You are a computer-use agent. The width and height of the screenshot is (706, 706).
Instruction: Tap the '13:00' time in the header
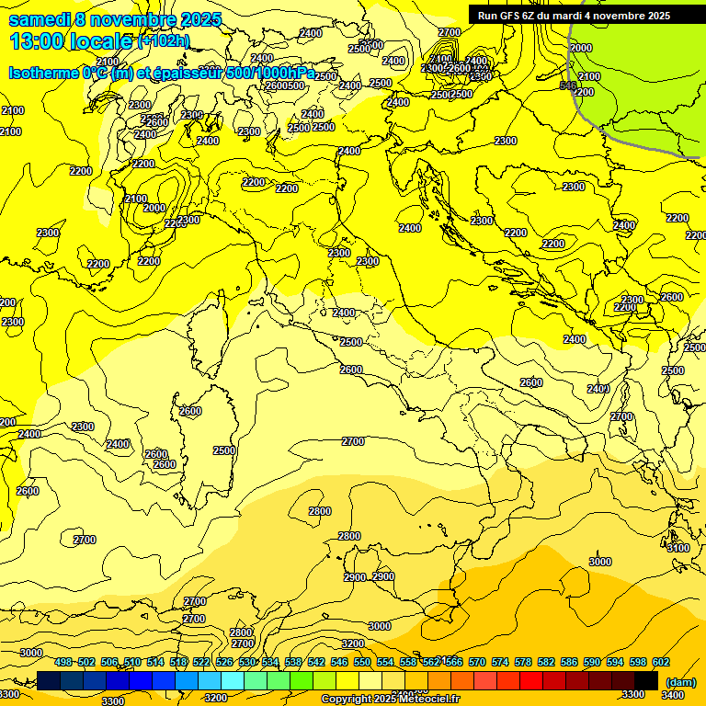[x=36, y=41]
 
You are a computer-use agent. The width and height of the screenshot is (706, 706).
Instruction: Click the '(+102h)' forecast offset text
[x=163, y=41]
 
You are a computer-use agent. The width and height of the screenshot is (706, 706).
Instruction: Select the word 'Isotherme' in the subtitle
[x=42, y=73]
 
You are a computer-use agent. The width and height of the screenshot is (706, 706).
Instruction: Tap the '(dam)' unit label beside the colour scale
[x=680, y=681]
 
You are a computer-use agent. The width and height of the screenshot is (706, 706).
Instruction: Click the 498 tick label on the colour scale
[x=63, y=663]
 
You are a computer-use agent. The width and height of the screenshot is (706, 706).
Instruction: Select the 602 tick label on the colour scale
[x=661, y=663]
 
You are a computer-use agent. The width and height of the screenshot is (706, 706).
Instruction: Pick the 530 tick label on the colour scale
[x=247, y=663]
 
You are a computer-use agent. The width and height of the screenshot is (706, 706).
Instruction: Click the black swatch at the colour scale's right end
[x=646, y=680]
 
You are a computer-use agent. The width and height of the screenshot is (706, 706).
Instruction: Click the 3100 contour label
[x=678, y=548]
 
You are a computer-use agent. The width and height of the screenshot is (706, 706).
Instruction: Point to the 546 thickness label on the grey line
[x=568, y=85]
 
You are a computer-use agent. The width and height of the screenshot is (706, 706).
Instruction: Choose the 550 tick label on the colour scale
[x=362, y=663]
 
